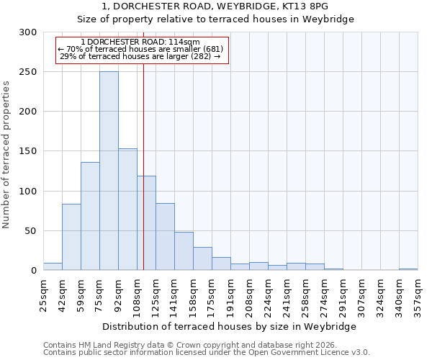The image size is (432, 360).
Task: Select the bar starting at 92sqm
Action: click(127, 209)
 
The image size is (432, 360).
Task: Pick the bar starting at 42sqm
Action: click(71, 237)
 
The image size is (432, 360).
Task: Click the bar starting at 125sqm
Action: click(165, 237)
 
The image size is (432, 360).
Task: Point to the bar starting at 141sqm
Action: click(184, 251)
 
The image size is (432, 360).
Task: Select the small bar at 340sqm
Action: click(408, 269)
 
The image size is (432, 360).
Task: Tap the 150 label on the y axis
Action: click(28, 151)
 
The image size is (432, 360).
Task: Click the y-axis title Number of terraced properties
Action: click(6, 155)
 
